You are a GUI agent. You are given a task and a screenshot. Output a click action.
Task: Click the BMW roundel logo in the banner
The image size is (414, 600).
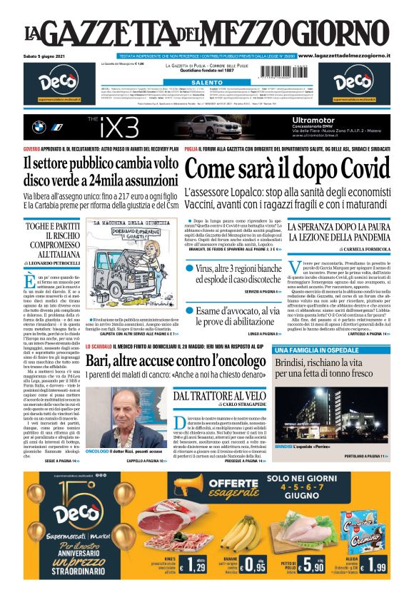(x=40, y=127)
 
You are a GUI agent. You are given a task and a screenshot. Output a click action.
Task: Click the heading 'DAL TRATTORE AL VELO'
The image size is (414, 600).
(x=221, y=395)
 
